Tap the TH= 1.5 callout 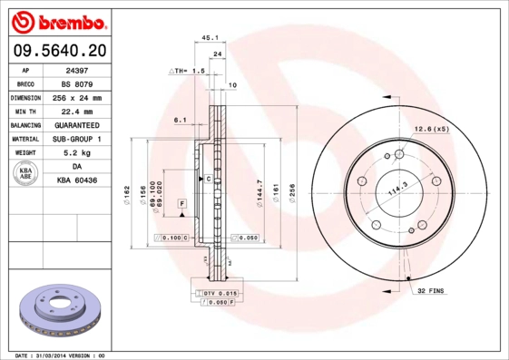pyautogui.click(x=189, y=70)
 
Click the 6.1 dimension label pyautogui.click(x=180, y=119)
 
